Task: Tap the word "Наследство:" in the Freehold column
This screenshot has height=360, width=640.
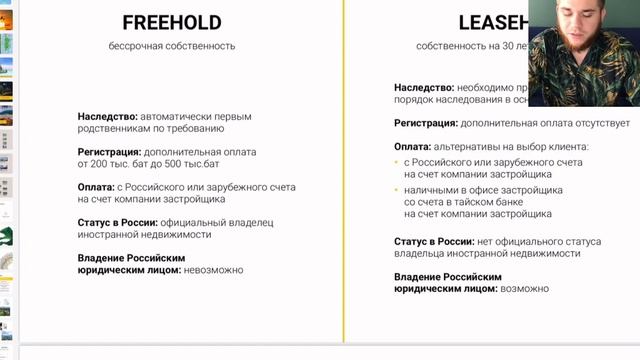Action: (x=107, y=116)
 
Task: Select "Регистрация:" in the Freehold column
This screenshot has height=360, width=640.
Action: (x=109, y=151)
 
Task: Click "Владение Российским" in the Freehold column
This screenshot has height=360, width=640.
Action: (x=131, y=257)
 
